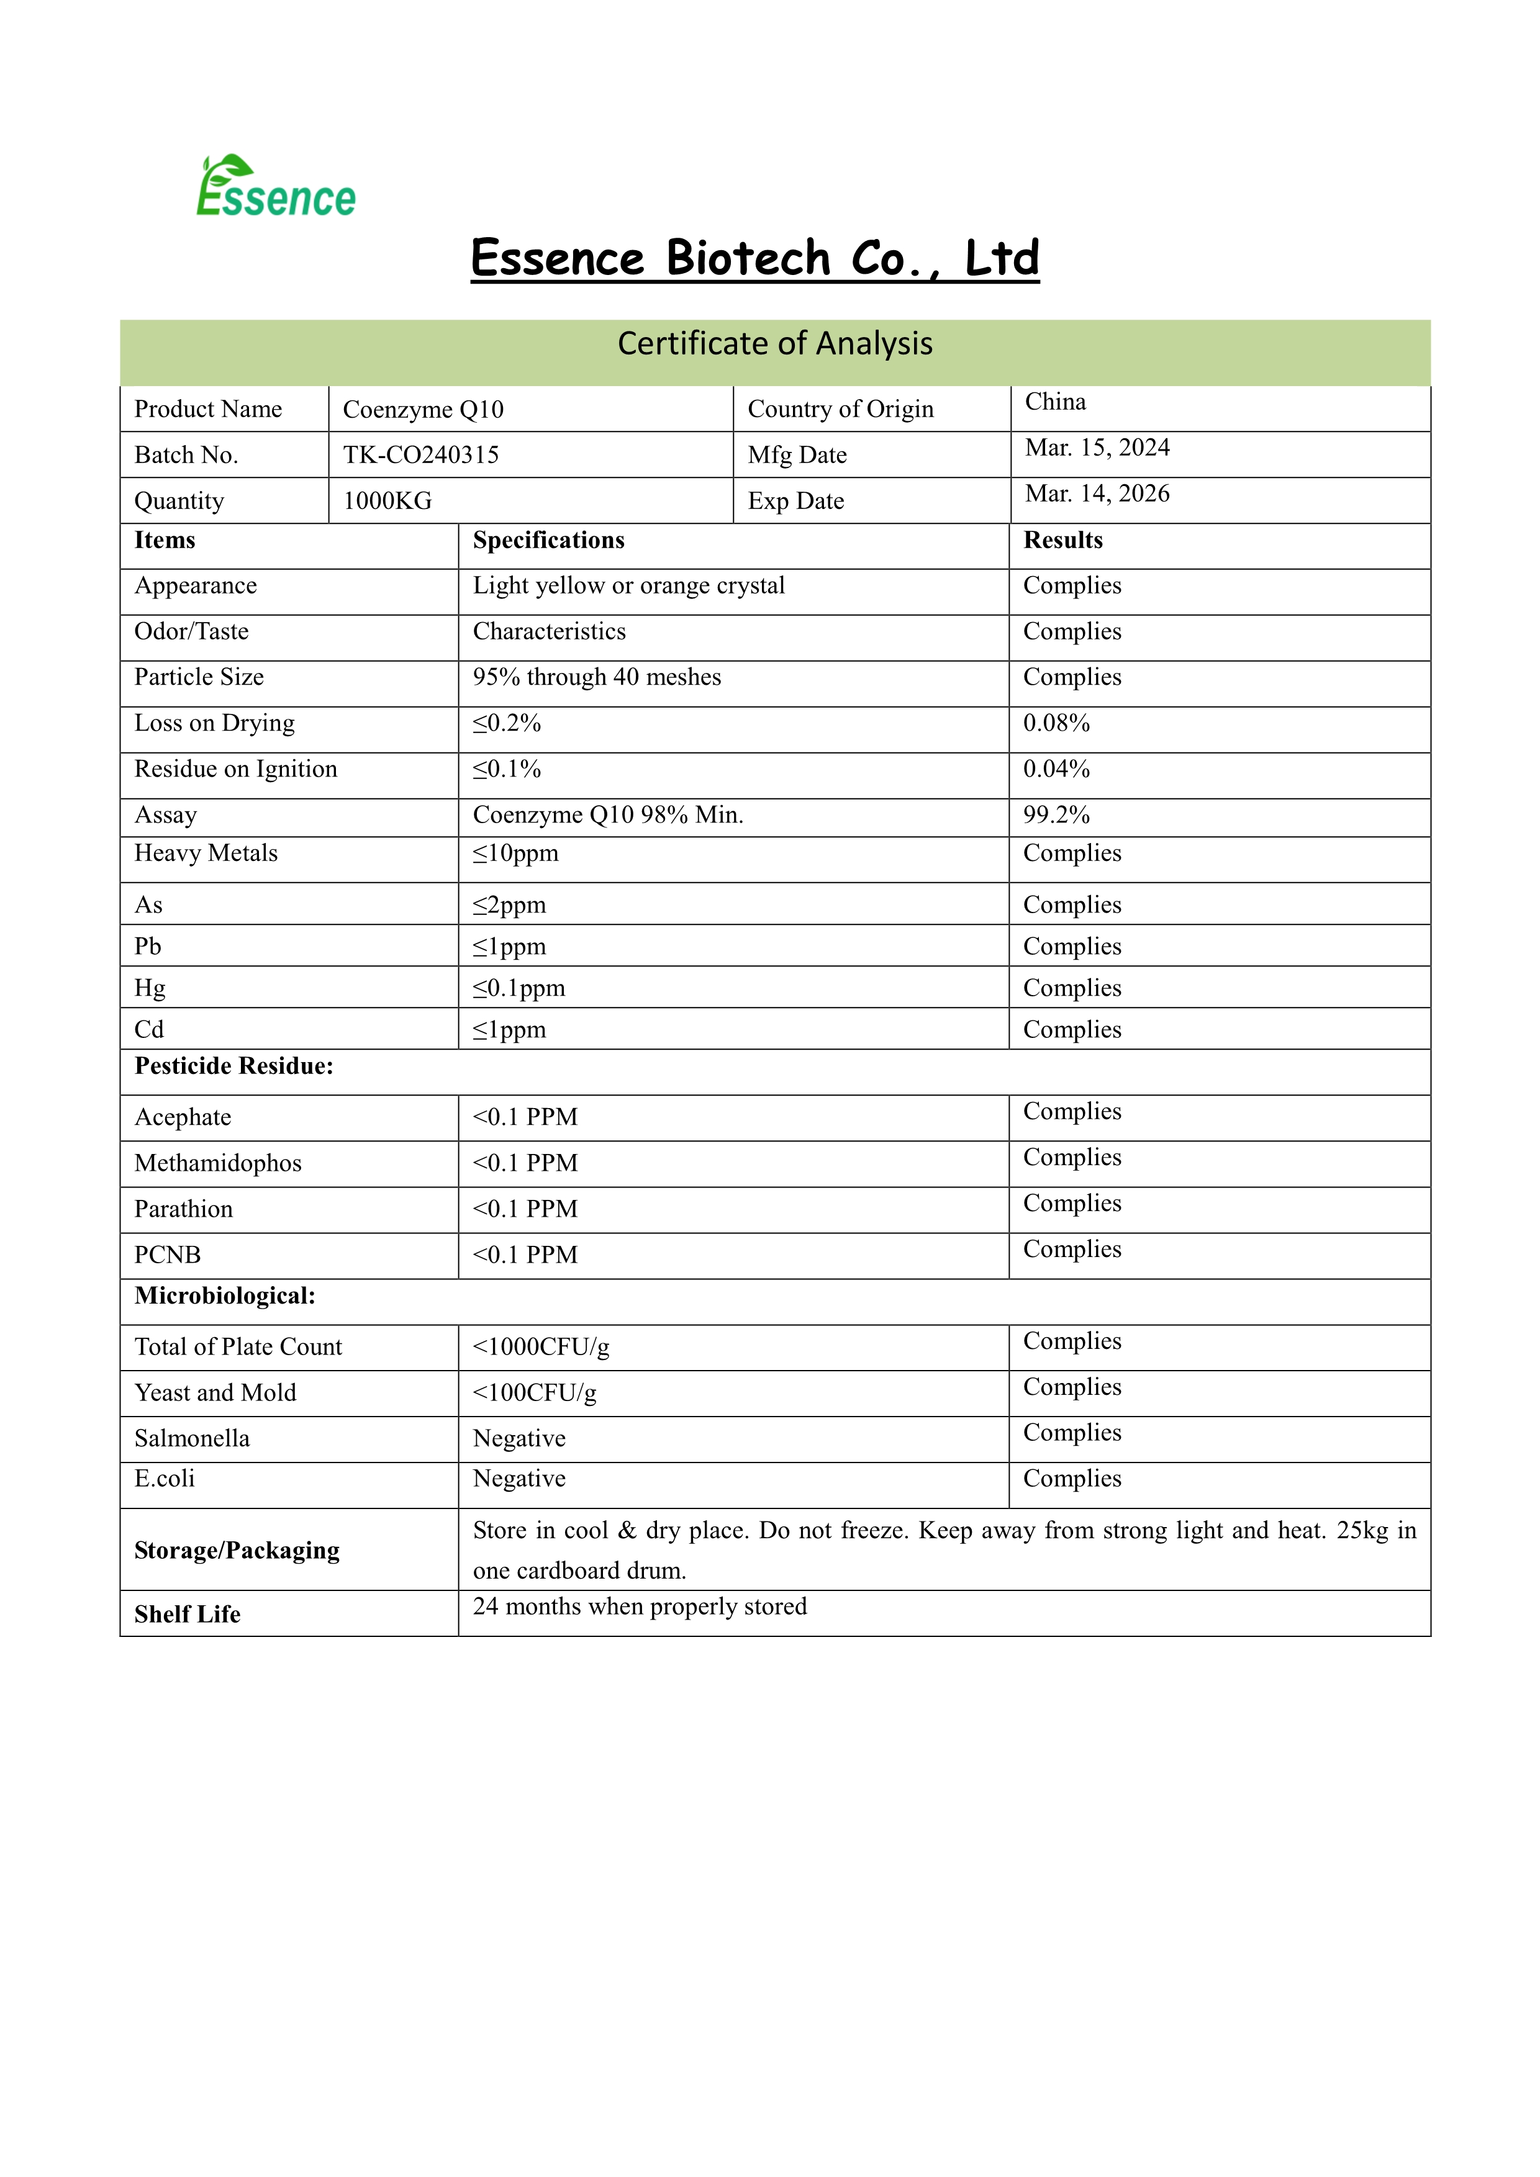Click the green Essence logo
(x=275, y=187)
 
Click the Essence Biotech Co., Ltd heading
(x=755, y=259)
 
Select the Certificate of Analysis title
(x=775, y=343)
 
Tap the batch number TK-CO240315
(x=421, y=455)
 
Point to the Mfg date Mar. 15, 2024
(x=1097, y=448)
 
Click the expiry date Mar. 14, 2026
(x=1097, y=494)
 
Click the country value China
(x=1056, y=402)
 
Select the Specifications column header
(x=548, y=541)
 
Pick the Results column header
(x=1063, y=541)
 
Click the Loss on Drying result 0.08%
(x=1056, y=723)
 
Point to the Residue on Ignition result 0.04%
(x=1056, y=769)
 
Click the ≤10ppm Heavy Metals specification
(x=516, y=854)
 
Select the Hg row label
(x=150, y=988)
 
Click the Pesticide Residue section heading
(x=234, y=1066)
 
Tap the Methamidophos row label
(x=218, y=1163)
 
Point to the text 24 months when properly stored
(x=640, y=1607)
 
